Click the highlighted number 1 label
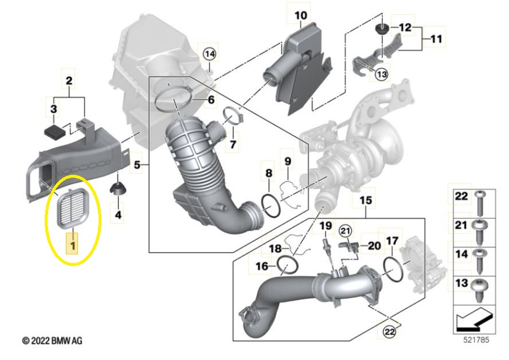pos(72,246)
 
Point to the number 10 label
pos(300,15)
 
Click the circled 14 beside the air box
pos(209,54)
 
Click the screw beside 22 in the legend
pos(480,200)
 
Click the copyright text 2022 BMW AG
pos(52,341)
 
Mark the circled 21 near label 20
pos(344,230)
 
